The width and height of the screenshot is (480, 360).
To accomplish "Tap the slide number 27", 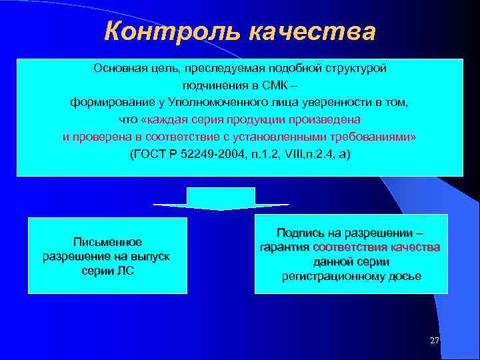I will (x=435, y=341).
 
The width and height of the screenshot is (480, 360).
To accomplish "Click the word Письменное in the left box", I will (x=107, y=242).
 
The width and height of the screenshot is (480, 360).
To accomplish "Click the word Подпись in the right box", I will (x=298, y=233).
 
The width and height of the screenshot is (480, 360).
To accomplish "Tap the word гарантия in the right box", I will (x=285, y=247).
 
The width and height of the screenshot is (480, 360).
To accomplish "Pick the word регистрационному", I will (x=327, y=276).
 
